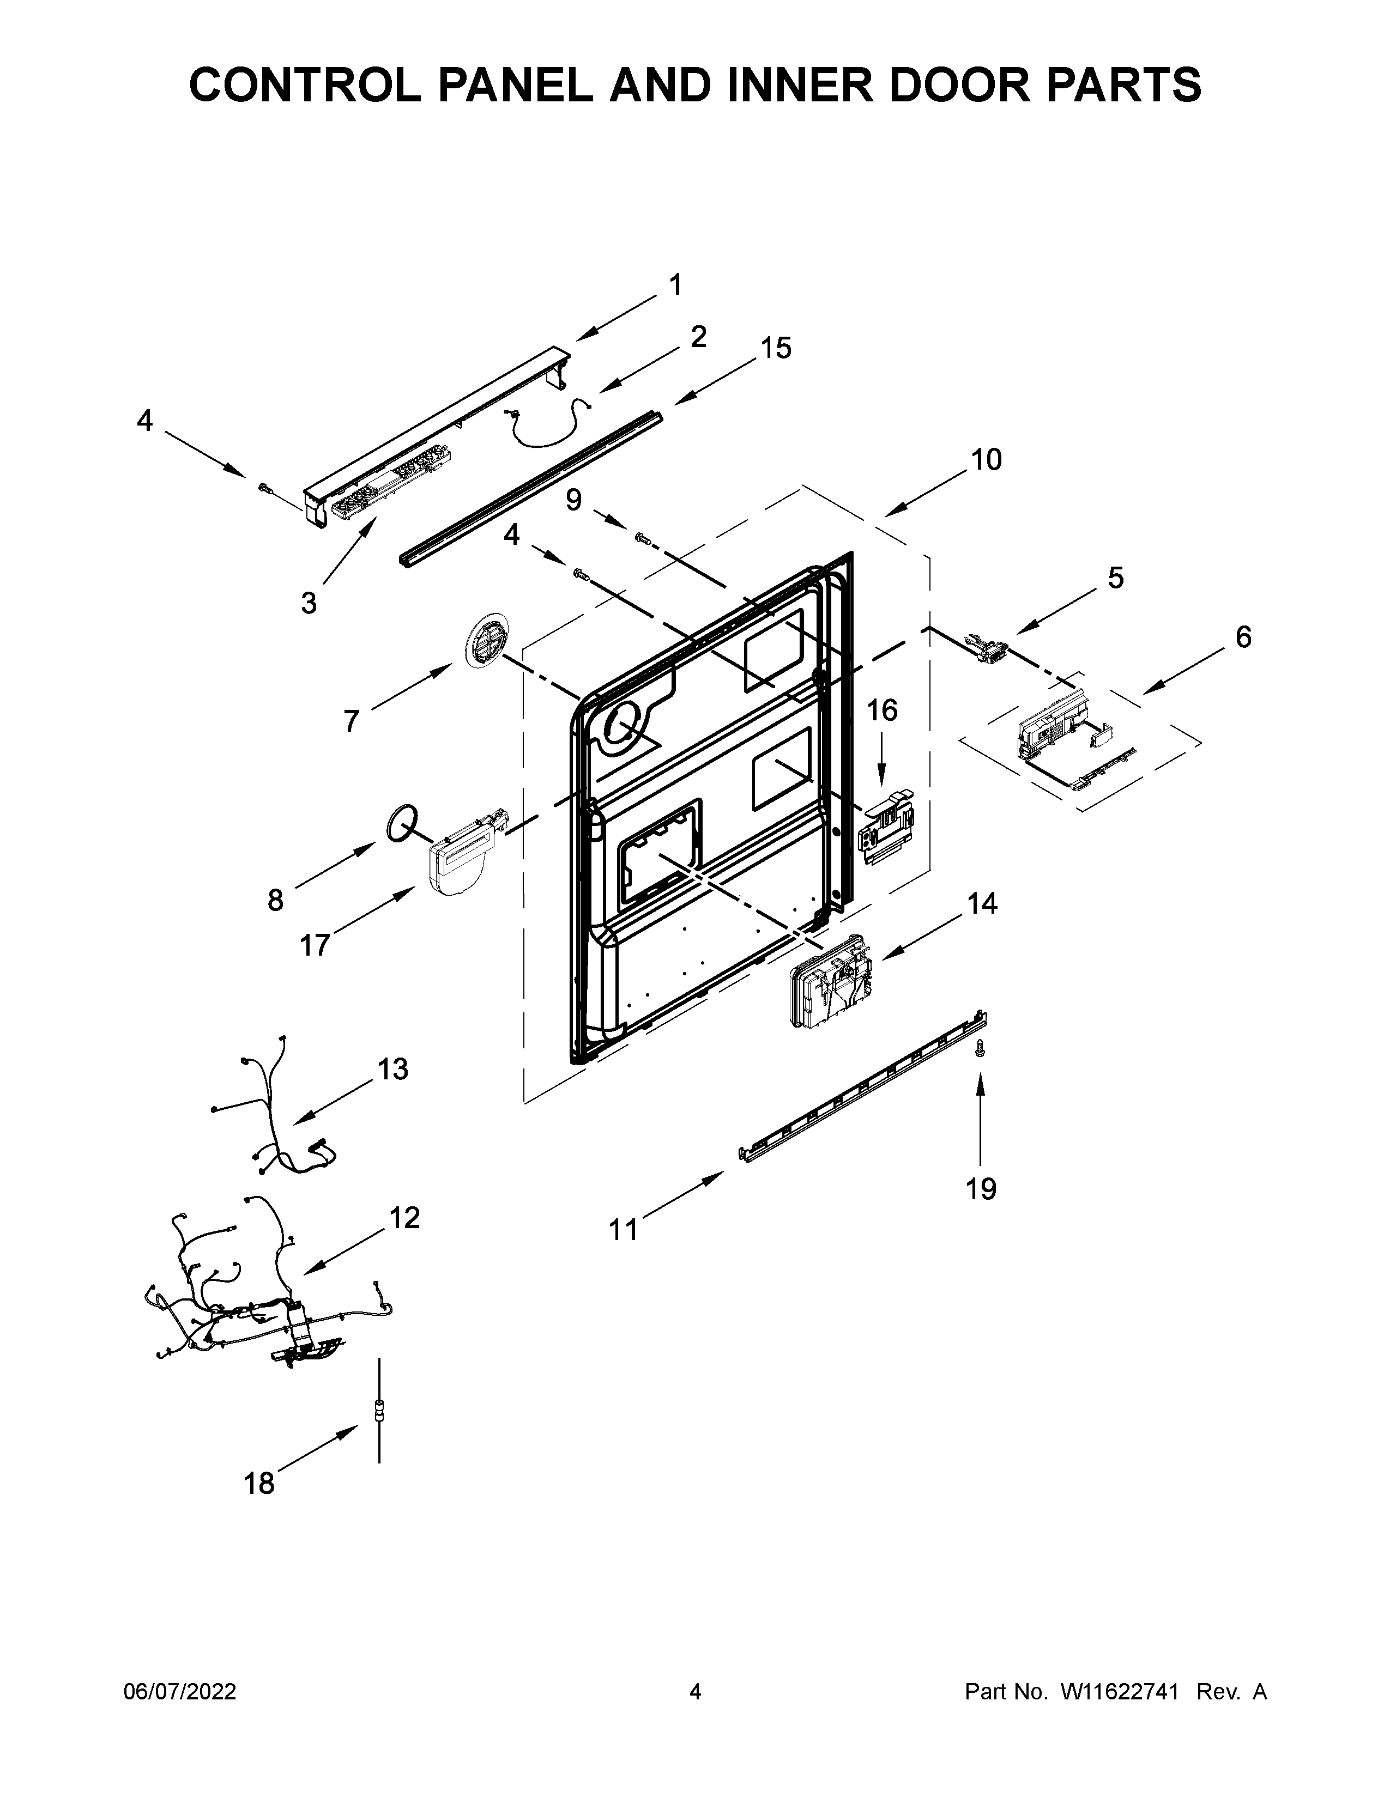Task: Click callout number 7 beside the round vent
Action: pos(352,721)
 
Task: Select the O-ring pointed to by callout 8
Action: pos(402,824)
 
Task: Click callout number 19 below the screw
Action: pos(981,1189)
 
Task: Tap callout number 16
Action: pos(882,709)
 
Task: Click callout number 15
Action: pos(776,348)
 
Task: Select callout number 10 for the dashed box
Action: pos(986,459)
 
